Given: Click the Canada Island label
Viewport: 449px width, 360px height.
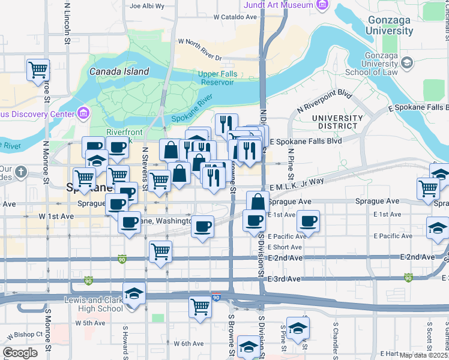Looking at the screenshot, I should click(119, 71).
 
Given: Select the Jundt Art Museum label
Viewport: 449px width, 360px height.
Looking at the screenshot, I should click(279, 5).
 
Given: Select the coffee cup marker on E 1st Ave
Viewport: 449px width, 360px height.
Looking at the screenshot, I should click(309, 221).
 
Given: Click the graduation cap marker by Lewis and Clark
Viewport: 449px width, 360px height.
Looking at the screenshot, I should click(134, 293).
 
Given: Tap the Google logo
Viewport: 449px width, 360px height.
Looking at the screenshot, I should click(20, 353).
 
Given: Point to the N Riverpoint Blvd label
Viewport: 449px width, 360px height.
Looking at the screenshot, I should click(325, 102).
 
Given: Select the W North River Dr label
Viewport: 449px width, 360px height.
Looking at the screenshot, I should click(200, 50).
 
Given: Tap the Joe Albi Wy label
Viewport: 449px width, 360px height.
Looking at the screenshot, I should click(146, 7).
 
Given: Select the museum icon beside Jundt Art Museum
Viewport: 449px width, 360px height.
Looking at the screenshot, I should click(323, 5).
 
